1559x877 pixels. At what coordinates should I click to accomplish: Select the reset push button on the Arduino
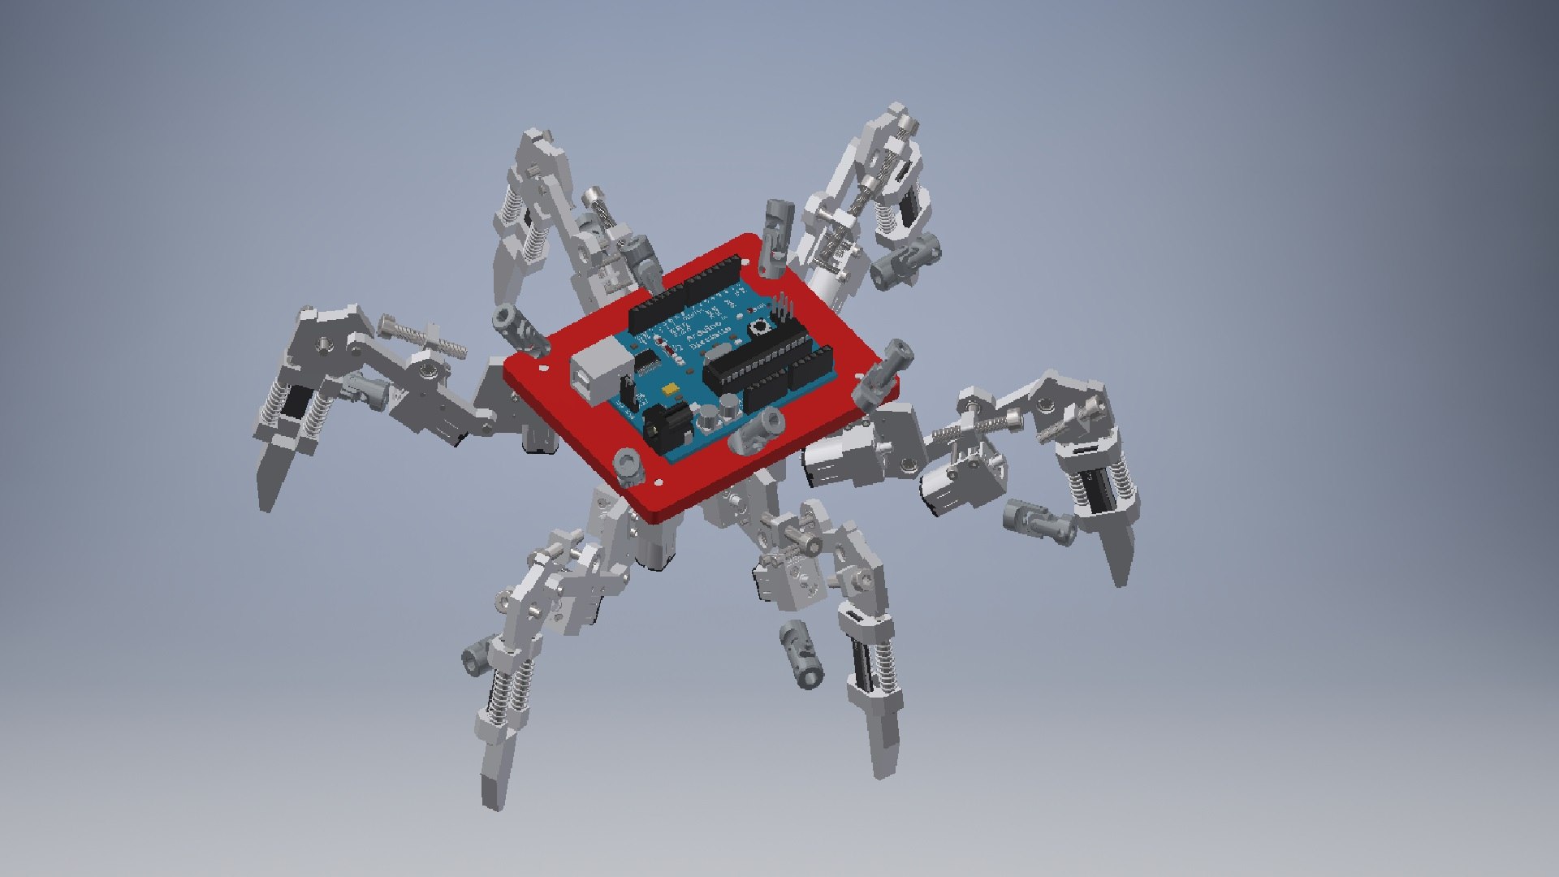762,327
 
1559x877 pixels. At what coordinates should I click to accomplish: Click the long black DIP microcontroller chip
755,357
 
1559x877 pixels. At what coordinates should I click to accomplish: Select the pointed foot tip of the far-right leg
1121,572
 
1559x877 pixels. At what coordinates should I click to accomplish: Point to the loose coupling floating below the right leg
1039,520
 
